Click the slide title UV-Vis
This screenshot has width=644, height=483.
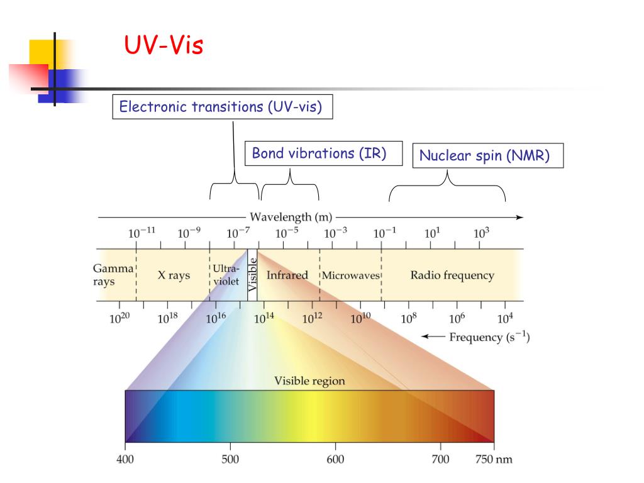(164, 46)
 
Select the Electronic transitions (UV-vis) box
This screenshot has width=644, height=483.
(221, 107)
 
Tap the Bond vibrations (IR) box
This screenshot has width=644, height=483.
(323, 153)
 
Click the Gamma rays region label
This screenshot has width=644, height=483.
(104, 275)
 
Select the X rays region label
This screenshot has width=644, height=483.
(174, 275)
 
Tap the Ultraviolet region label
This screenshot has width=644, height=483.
(226, 275)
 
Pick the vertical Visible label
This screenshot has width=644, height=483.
(252, 275)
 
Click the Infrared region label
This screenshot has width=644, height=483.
(287, 275)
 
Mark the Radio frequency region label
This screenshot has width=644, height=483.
(452, 275)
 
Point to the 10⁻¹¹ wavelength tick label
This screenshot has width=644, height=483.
(142, 233)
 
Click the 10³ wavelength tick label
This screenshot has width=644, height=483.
(481, 233)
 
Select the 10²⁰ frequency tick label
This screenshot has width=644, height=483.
(119, 318)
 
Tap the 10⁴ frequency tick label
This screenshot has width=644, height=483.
(506, 318)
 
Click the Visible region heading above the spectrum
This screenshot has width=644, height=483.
(309, 381)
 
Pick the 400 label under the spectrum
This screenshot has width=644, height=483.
(125, 460)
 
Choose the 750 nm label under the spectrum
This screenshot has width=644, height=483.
(493, 460)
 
